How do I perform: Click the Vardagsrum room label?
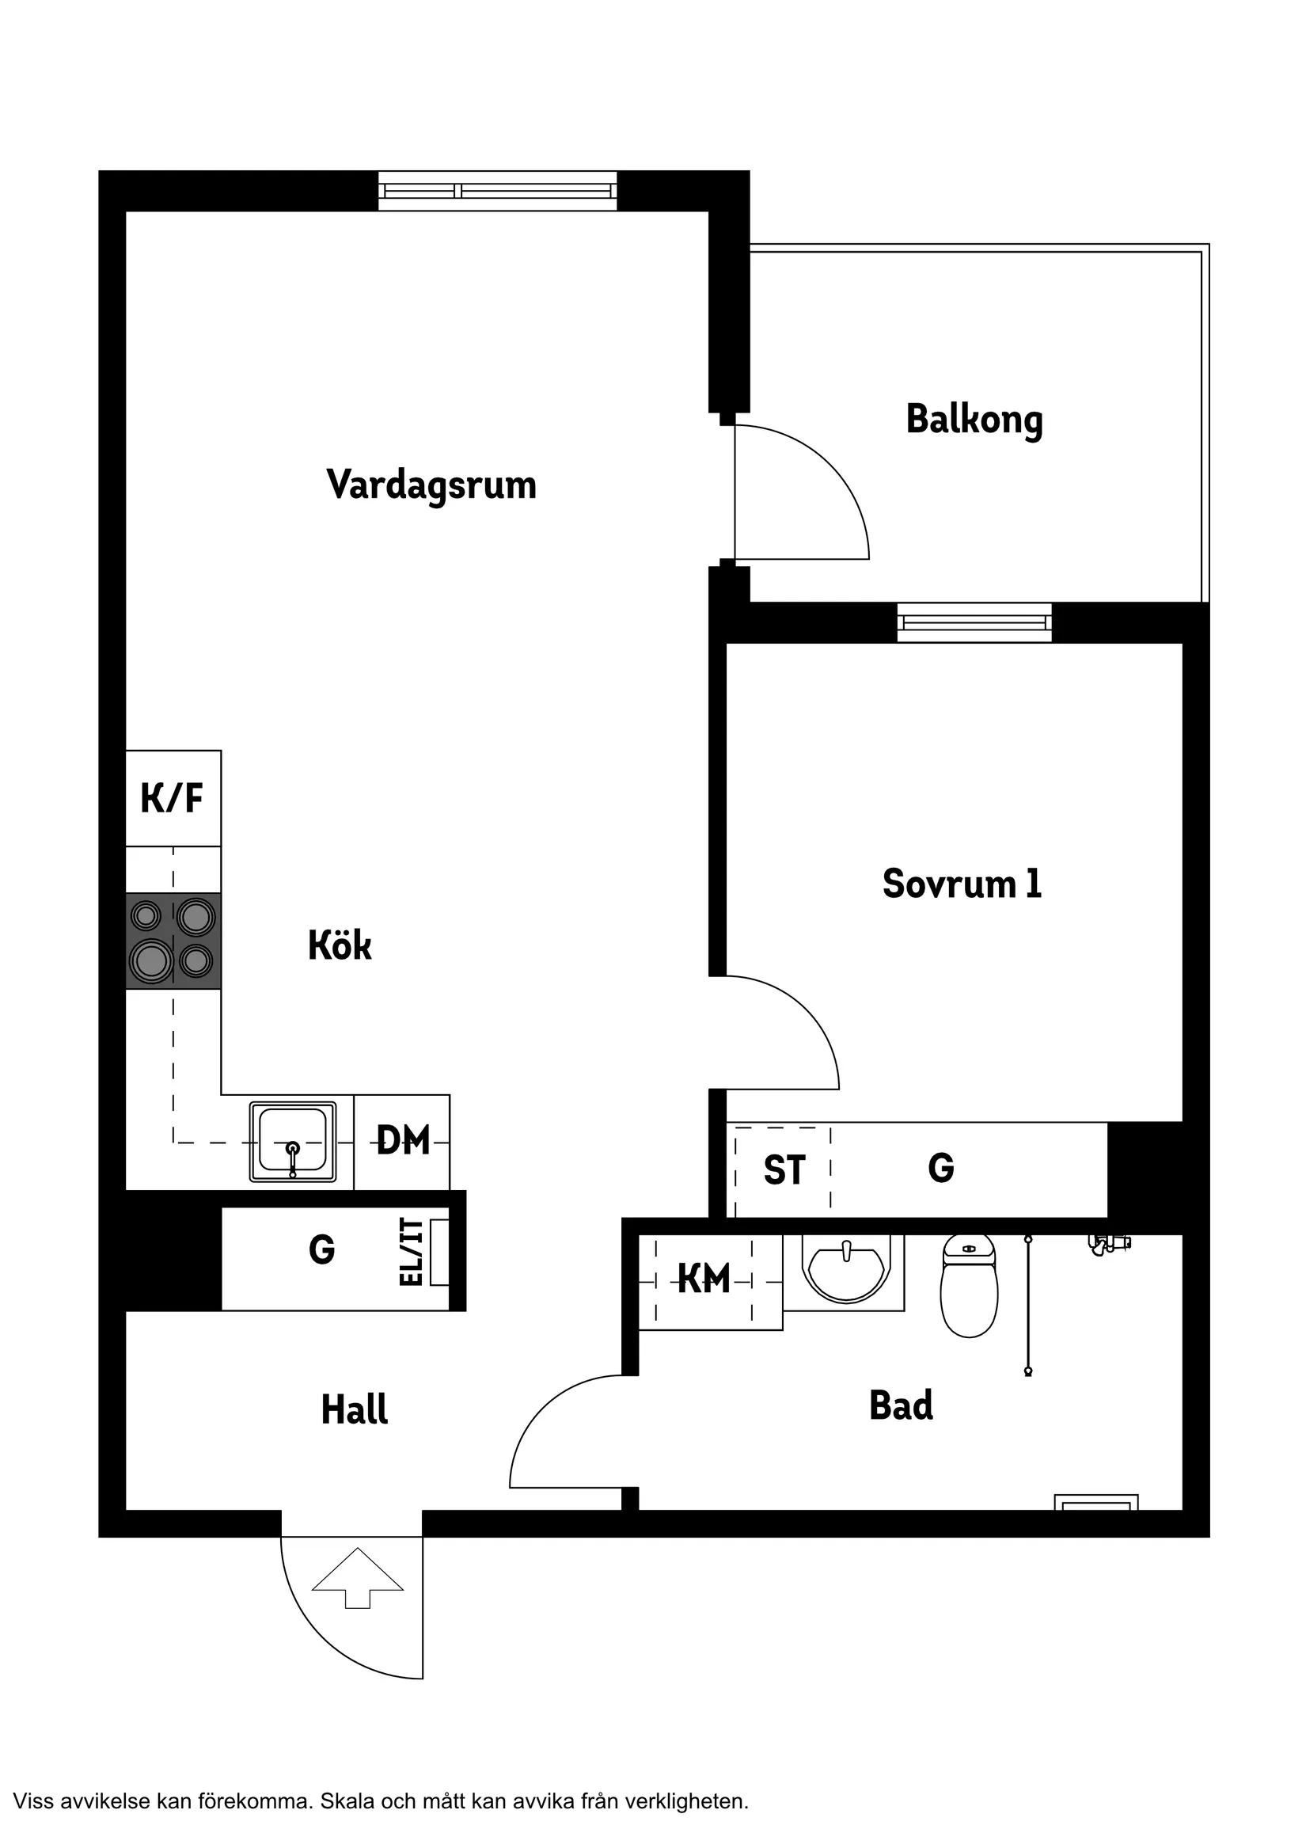[x=431, y=485]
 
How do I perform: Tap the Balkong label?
[x=974, y=420]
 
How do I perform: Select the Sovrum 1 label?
[x=962, y=883]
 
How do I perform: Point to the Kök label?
[x=340, y=945]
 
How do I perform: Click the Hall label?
[x=354, y=1409]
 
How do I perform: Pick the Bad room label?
[x=902, y=1405]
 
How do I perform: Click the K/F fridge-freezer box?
[x=173, y=797]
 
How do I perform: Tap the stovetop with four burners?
[x=173, y=940]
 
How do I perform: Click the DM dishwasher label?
[x=403, y=1140]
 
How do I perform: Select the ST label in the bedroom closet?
[x=784, y=1170]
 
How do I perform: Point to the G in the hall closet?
[x=322, y=1249]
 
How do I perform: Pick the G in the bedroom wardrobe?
[x=940, y=1167]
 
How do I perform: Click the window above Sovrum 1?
[x=974, y=622]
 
